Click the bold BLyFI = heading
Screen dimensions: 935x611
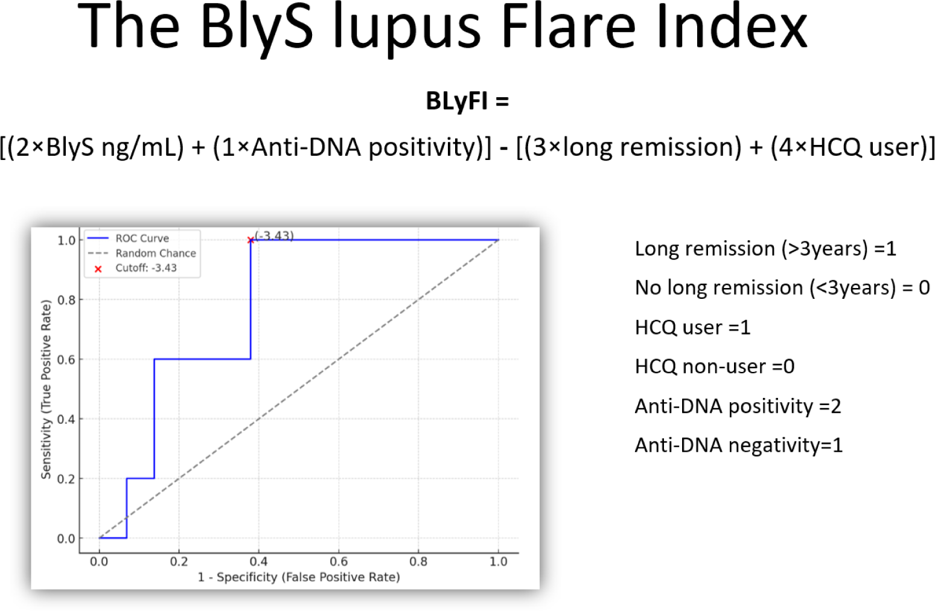(467, 101)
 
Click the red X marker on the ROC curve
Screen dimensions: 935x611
(251, 240)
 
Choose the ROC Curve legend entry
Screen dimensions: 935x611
(128, 238)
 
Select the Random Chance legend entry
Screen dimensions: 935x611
(142, 253)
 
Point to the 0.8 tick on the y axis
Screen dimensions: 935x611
(66, 300)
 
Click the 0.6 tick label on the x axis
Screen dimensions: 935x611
(339, 561)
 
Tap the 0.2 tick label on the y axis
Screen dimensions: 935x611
(66, 479)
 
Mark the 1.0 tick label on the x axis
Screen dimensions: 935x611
(499, 561)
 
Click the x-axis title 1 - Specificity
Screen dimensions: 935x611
(299, 577)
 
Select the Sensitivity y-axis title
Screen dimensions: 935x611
(46, 389)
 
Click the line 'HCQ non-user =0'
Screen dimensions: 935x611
(715, 366)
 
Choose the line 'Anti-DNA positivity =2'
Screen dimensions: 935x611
(738, 406)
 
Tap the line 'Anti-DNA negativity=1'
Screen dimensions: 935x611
(739, 445)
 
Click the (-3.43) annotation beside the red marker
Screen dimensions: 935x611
(274, 235)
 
